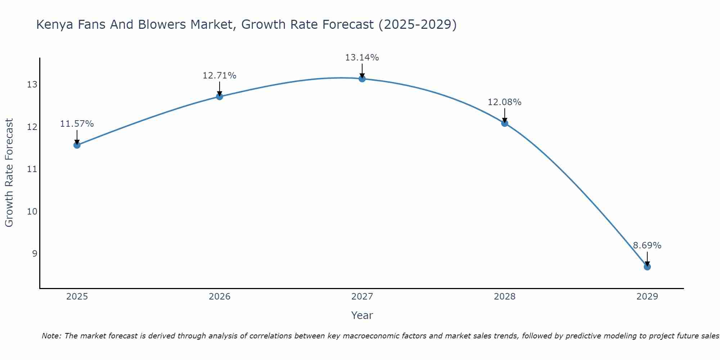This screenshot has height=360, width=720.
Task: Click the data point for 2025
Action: tap(77, 145)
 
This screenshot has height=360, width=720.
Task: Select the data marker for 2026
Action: tap(219, 96)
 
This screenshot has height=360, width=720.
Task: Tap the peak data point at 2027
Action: tap(362, 79)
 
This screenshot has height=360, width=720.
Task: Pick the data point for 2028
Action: tap(504, 123)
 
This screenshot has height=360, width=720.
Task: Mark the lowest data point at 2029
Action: tap(647, 267)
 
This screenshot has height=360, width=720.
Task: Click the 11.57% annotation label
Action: tap(77, 124)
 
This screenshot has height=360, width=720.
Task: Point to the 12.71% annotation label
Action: tap(219, 76)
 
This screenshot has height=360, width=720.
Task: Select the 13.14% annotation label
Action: tap(362, 58)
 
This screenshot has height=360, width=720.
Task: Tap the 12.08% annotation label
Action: tap(504, 102)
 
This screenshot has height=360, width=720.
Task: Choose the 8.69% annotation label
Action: tap(647, 246)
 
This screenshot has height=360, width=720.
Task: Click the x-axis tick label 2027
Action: tap(362, 297)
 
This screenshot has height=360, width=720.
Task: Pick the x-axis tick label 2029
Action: tap(647, 297)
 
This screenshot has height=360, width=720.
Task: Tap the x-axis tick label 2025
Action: tap(77, 297)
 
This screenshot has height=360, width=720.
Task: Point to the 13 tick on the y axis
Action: tap(32, 85)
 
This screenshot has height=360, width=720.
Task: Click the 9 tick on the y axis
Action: tap(35, 254)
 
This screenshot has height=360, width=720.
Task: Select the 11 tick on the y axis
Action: tap(32, 169)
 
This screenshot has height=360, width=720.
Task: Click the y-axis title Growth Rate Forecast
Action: tap(9, 173)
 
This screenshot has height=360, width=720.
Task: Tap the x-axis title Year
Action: tap(362, 316)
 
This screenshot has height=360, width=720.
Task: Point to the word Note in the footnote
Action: tap(52, 336)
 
